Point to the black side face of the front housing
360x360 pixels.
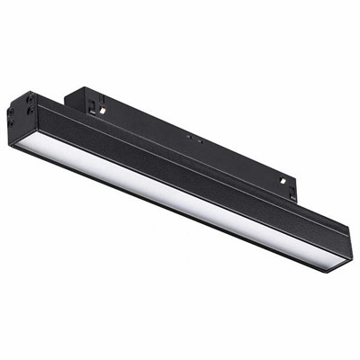180,171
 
